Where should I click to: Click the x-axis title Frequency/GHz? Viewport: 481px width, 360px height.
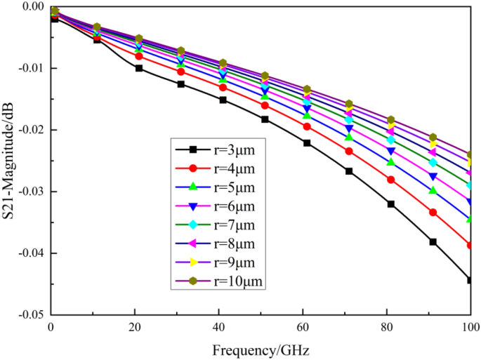coord(261,349)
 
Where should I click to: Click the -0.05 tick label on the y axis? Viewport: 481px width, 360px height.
coord(32,315)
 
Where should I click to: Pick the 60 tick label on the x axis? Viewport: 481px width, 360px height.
coord(303,327)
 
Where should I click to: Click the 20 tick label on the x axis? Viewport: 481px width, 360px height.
coord(135,327)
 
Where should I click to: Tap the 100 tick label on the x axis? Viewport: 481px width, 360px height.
coord(469,327)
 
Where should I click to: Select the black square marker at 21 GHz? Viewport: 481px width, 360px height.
coord(139,68)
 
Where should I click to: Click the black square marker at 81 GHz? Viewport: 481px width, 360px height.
coord(391,204)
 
